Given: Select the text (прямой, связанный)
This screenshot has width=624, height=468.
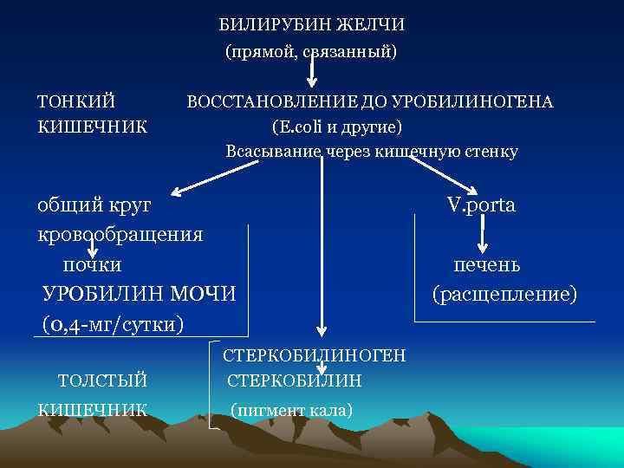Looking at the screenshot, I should (x=311, y=53).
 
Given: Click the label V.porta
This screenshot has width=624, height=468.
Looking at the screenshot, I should (x=481, y=205).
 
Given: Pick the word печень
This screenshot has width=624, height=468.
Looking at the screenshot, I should (x=486, y=263).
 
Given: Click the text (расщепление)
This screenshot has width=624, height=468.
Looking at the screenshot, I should (x=504, y=294).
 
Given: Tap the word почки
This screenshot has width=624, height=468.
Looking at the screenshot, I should (x=92, y=263).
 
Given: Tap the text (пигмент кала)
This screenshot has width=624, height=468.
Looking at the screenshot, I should (x=291, y=409).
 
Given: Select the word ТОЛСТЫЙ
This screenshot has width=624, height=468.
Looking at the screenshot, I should (x=101, y=380).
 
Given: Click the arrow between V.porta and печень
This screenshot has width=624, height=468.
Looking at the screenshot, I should (x=486, y=234).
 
